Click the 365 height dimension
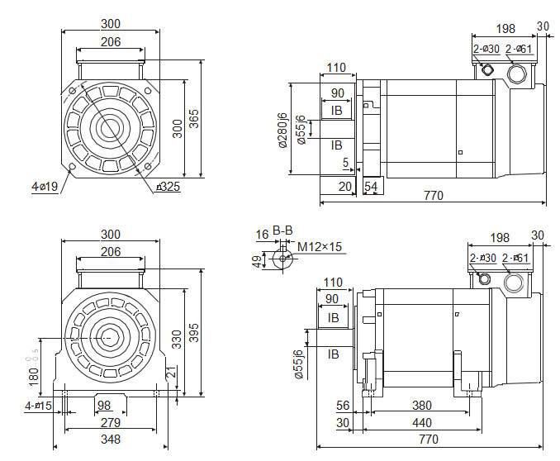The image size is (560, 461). coord(194,119)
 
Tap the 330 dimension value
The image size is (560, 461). coord(176,339)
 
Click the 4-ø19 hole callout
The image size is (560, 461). coord(45,188)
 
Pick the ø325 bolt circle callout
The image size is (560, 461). coord(168,187)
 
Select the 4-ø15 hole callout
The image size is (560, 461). coord(38,406)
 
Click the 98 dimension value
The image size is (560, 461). coord(103,406)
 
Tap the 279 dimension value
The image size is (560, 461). coord(111,423)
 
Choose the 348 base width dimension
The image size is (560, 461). coord(111,440)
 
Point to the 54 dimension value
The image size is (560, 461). coord(371,188)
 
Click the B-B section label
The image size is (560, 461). coord(282,230)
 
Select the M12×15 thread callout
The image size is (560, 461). coord(320,246)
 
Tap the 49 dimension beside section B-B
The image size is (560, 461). coord(258,261)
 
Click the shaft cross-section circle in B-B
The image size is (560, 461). coord(284,258)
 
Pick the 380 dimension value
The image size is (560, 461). coord(422,406)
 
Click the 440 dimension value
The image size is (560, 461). coord(422,423)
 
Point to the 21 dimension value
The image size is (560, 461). coord(170,374)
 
